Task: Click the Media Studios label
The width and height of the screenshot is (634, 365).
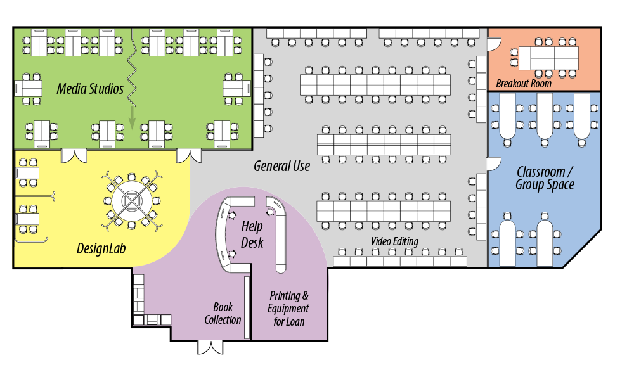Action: [x=90, y=89]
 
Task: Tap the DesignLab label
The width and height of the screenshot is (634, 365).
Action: [x=101, y=248]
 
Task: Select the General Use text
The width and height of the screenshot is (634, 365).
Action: [x=281, y=166]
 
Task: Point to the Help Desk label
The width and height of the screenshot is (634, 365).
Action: [x=252, y=234]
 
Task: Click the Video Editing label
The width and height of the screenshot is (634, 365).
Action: [x=394, y=241]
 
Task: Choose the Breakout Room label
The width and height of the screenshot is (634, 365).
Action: [x=524, y=83]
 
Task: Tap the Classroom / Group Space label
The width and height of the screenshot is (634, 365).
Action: [x=545, y=178]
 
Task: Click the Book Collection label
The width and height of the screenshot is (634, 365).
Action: [x=223, y=313]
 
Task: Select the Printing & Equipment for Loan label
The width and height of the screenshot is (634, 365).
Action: [x=289, y=309]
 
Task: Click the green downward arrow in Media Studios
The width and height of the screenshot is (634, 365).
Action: [x=132, y=117]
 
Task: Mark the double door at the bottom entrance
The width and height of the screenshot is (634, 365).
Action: [x=210, y=347]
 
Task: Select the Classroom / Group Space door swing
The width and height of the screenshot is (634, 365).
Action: [x=493, y=164]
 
